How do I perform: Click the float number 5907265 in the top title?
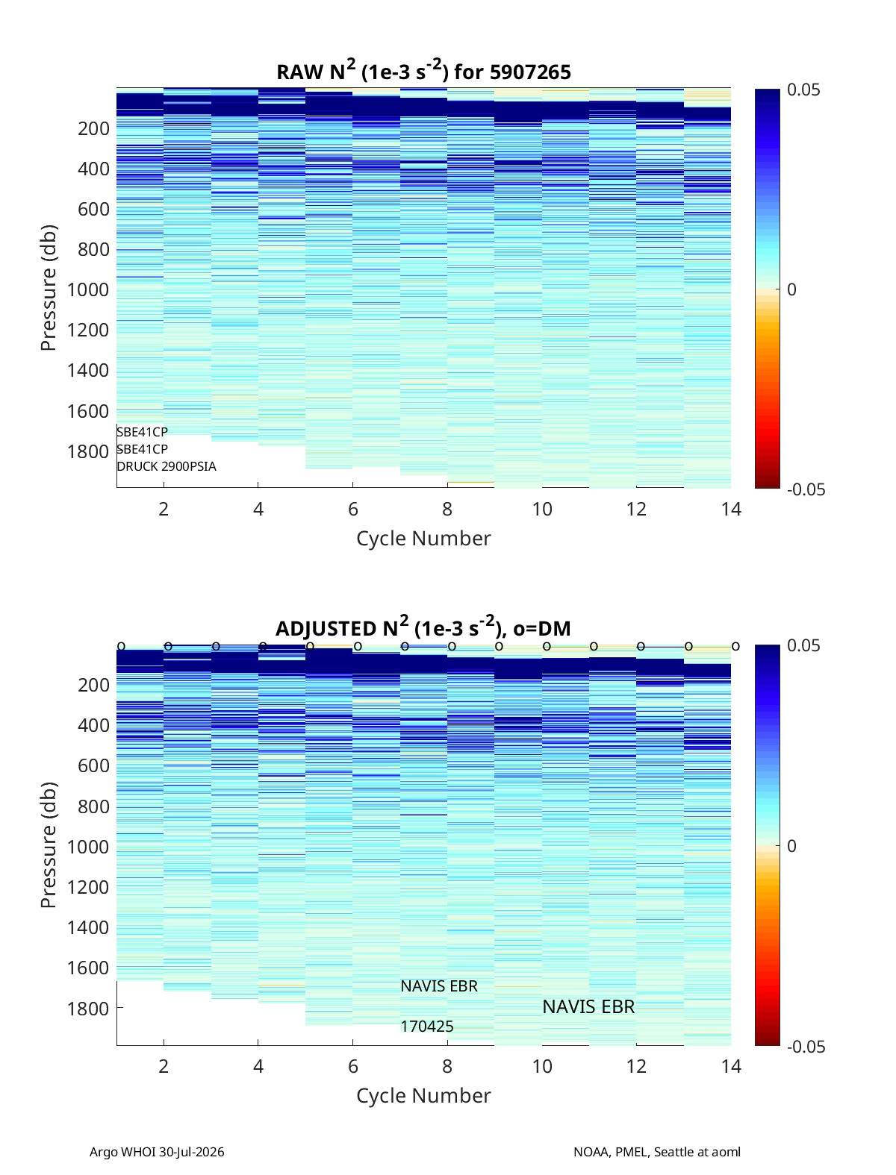530,72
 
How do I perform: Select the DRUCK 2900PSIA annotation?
167,466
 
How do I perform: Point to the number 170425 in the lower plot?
427,1027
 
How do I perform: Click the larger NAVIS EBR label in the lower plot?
588,1007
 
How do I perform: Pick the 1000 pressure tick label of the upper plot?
88,289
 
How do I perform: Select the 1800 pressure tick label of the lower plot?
88,1009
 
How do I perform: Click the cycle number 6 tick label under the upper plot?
353,509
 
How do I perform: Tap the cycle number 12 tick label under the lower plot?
636,1066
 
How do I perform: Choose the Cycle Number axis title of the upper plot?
423,539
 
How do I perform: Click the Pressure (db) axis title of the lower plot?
49,845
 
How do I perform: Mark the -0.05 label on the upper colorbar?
806,489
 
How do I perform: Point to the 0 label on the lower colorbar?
791,846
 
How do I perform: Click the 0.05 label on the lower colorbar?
803,645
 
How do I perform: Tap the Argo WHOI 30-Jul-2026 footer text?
157,1152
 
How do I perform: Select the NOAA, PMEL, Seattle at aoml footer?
657,1152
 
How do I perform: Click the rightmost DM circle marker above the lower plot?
736,647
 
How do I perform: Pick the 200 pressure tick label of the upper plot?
94,128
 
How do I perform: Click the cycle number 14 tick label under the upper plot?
731,509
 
